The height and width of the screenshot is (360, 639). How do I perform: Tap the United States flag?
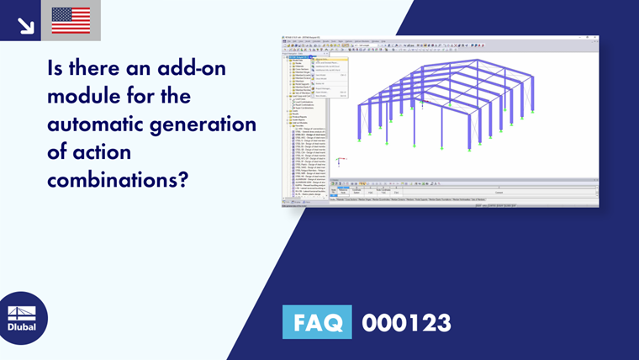click(x=71, y=20)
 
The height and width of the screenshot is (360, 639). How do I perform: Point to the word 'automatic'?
click(x=100, y=126)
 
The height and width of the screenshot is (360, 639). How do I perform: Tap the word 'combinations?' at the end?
click(x=117, y=182)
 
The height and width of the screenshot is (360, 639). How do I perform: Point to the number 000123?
click(x=406, y=322)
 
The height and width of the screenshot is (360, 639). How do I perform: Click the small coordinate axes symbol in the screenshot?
click(x=338, y=161)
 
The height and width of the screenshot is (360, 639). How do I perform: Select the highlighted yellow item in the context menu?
click(x=324, y=60)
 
